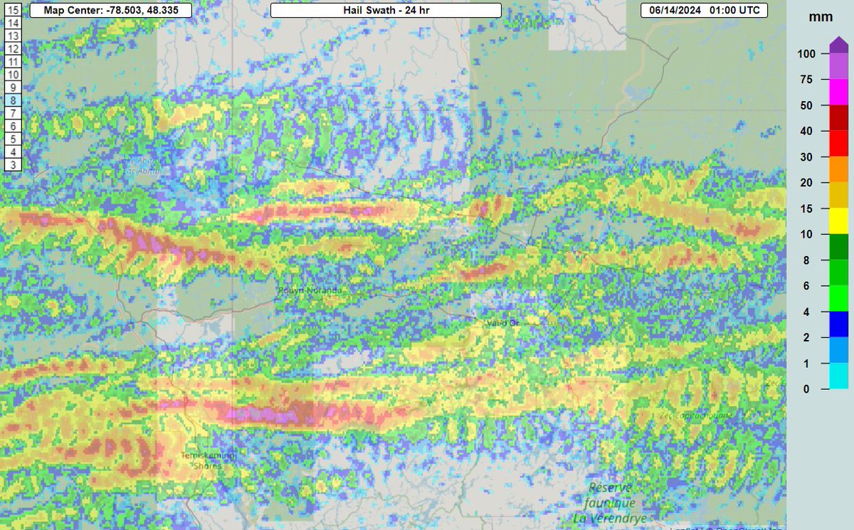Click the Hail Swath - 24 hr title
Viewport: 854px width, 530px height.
click(x=386, y=11)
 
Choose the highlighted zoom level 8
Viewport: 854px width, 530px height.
click(x=14, y=100)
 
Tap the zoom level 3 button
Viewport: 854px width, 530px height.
click(x=14, y=164)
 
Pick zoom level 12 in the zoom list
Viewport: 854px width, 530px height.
click(x=14, y=49)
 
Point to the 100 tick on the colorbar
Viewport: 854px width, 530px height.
click(x=806, y=54)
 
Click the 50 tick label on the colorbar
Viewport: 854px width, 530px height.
click(x=806, y=105)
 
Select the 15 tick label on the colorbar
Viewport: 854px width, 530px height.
click(x=806, y=208)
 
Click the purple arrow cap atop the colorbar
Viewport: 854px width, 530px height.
click(x=839, y=45)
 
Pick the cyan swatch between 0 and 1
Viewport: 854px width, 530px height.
click(x=839, y=376)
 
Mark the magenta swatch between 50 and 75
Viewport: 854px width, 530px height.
click(x=839, y=92)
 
